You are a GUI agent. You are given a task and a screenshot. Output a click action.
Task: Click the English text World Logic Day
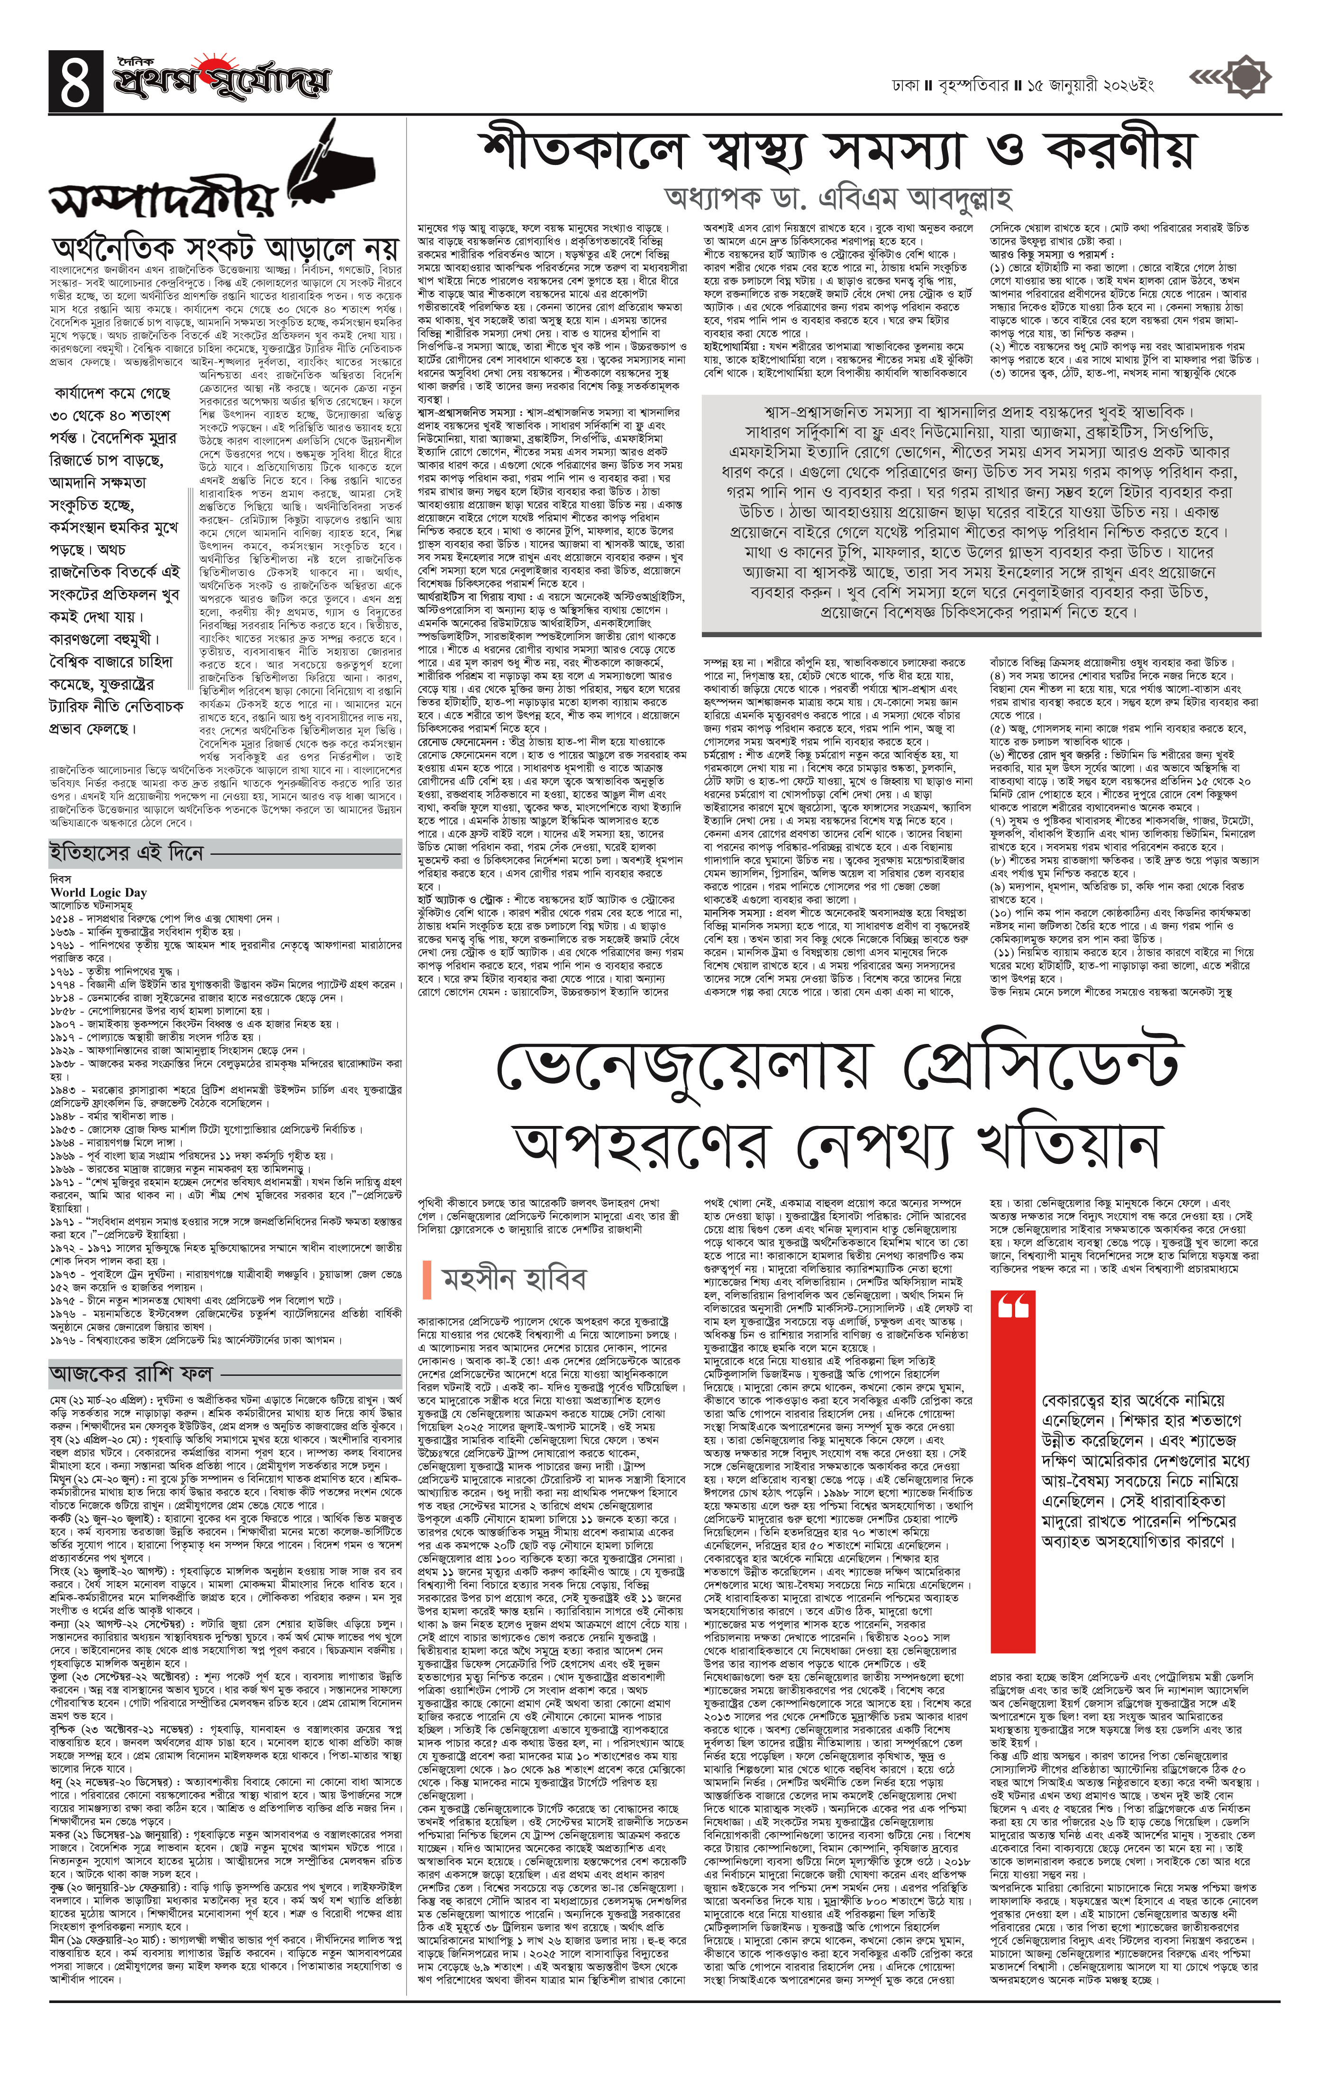click(x=99, y=892)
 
